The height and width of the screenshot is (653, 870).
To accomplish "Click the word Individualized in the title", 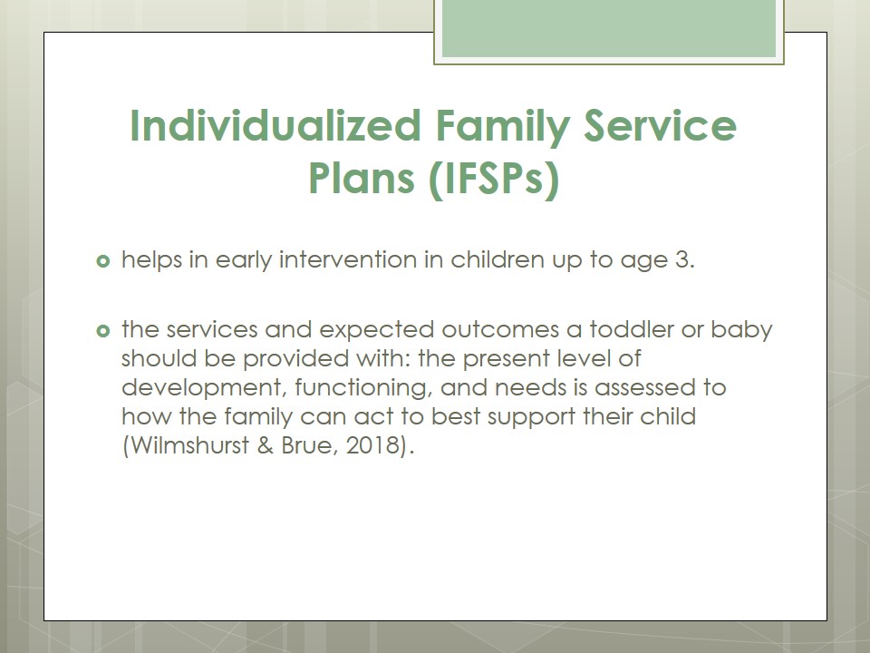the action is pyautogui.click(x=275, y=125).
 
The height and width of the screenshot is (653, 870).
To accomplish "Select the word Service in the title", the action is pyautogui.click(x=661, y=125).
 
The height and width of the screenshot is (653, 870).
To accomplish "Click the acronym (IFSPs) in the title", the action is pyautogui.click(x=494, y=179).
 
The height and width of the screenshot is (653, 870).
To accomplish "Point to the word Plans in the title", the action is pyautogui.click(x=362, y=178).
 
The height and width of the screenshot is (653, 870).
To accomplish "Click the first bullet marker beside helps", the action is pyautogui.click(x=103, y=260).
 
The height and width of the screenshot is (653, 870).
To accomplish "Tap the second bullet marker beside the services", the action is pyautogui.click(x=103, y=331).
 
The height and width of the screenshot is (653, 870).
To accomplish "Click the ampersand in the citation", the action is pyautogui.click(x=266, y=445).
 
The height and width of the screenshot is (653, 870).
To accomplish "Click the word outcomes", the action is pyautogui.click(x=500, y=330).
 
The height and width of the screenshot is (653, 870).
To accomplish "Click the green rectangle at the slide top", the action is pyautogui.click(x=609, y=29).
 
